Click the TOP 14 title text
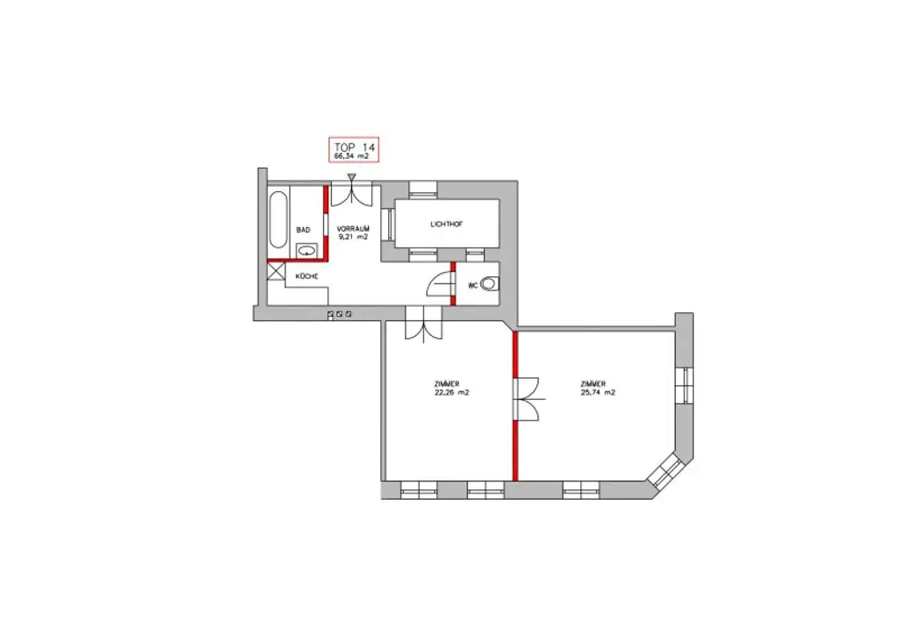[x=354, y=146]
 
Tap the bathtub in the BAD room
[x=278, y=219]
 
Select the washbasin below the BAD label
[x=307, y=251]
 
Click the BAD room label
[x=304, y=230]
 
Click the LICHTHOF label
[x=447, y=225]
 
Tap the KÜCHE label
[x=306, y=276]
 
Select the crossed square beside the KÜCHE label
[x=276, y=273]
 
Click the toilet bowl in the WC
[x=493, y=285]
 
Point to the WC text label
[x=473, y=285]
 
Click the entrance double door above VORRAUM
[x=352, y=195]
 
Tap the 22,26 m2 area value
[x=451, y=393]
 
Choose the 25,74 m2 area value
[x=598, y=393]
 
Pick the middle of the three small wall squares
[x=340, y=313]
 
